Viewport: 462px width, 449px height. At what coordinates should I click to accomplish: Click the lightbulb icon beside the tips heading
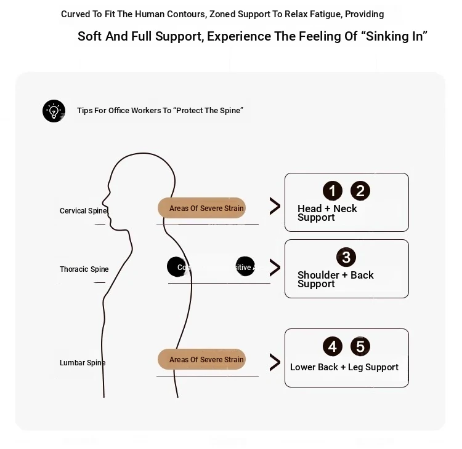click(54, 111)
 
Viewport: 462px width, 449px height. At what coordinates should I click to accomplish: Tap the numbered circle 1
click(333, 191)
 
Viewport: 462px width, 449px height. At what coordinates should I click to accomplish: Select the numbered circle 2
click(360, 191)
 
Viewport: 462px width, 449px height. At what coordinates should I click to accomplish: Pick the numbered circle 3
click(346, 257)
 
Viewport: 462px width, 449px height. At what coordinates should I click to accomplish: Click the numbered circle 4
click(333, 346)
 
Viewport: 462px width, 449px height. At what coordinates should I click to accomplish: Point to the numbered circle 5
click(360, 346)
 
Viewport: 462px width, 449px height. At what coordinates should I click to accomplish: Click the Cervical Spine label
click(83, 211)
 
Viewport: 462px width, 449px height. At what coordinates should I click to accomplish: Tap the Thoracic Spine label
click(84, 269)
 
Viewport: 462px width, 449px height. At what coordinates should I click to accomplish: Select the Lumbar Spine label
click(83, 363)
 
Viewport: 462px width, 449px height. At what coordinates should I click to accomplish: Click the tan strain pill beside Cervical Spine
click(201, 208)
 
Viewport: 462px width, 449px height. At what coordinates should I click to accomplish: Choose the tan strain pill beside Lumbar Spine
click(201, 359)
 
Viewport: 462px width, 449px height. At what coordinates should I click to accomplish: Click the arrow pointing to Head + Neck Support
click(275, 206)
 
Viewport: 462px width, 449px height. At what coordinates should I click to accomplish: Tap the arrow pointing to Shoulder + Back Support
click(275, 268)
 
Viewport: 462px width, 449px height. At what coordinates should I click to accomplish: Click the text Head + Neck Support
click(327, 213)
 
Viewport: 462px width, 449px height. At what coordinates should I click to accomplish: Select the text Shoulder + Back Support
click(335, 279)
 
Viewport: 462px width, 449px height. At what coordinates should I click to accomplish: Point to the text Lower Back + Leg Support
click(344, 367)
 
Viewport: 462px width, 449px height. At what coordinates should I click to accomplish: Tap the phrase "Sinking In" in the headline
click(395, 36)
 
